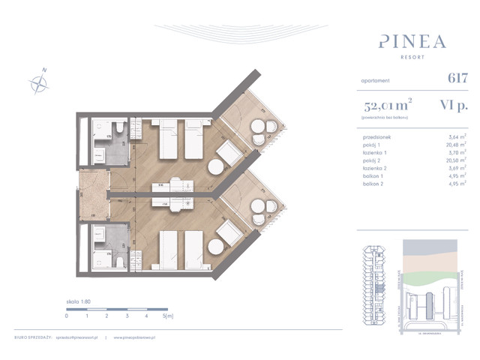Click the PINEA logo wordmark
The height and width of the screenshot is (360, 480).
[413, 39]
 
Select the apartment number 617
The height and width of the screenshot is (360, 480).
[457, 77]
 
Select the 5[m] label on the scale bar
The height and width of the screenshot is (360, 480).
[169, 316]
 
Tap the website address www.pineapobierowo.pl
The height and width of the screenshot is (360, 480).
[137, 338]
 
